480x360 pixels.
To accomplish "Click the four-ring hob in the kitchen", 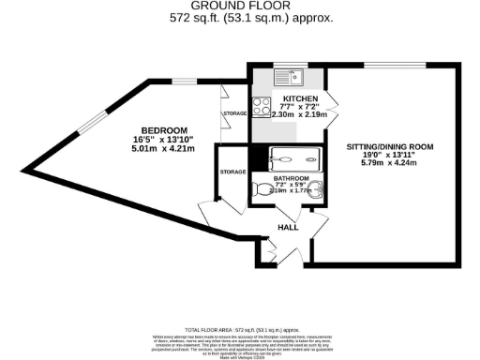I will click(262, 106).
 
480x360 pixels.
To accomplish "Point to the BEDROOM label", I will click(164, 130).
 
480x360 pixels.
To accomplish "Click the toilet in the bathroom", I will click(262, 189).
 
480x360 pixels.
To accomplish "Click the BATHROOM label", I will click(291, 177).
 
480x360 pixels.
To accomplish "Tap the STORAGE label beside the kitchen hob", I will click(234, 113).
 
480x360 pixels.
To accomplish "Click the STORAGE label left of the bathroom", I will click(232, 172).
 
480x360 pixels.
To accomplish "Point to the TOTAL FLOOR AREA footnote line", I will click(239, 330).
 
